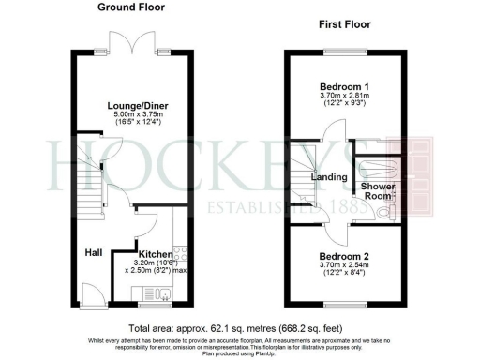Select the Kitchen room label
pos(155,254)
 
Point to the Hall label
pos(93,252)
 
